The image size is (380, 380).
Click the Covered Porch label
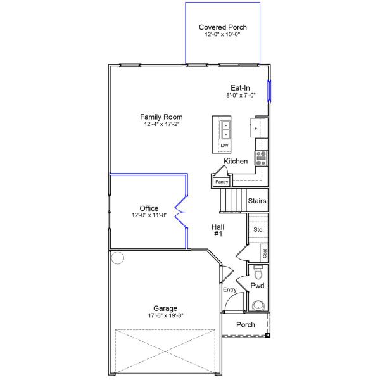point(223,27)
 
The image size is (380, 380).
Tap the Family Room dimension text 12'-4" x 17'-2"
point(161,124)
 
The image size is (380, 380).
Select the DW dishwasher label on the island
point(224,146)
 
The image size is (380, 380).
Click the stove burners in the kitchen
point(261,158)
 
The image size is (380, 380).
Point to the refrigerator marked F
point(256,128)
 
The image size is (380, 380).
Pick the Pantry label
point(222,182)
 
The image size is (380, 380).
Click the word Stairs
point(257,201)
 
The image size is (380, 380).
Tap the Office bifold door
point(180,212)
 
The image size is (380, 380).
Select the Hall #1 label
point(218,231)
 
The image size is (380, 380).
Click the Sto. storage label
point(258,229)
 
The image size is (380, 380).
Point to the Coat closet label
point(265,253)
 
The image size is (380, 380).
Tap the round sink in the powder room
point(258,306)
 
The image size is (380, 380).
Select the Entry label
point(230,289)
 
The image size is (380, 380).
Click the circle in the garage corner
point(118,258)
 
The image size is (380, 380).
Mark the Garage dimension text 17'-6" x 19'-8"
point(166,315)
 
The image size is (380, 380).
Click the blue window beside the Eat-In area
point(269,91)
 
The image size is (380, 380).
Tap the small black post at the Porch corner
point(267,336)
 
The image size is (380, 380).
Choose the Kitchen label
point(236,161)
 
